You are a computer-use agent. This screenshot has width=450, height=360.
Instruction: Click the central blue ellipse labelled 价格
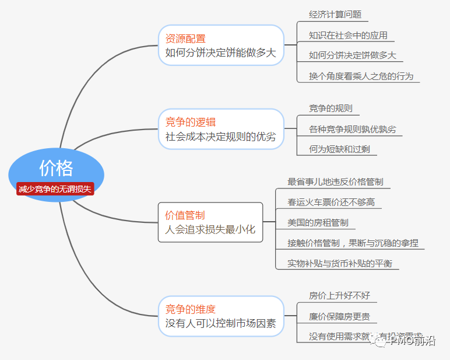click(57, 167)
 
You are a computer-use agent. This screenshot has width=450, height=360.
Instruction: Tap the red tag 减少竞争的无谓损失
click(55, 189)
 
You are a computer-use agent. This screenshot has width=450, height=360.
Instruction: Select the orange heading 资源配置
click(185, 39)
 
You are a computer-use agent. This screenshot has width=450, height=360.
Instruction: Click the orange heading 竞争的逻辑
click(190, 122)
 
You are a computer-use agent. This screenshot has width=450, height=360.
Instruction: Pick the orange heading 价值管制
click(185, 215)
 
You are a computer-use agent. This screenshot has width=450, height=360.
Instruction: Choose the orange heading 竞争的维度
click(190, 309)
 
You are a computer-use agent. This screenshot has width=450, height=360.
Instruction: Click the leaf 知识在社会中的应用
click(348, 35)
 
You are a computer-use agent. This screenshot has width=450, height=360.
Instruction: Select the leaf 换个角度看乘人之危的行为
click(361, 76)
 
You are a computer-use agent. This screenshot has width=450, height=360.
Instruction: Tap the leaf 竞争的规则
click(331, 108)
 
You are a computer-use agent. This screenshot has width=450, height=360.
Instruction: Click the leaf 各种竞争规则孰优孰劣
click(352, 129)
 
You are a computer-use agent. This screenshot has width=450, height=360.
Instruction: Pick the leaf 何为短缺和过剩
click(339, 149)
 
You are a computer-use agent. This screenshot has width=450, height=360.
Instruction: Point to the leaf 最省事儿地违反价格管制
click(335, 181)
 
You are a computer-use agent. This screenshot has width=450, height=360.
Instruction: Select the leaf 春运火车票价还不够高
click(331, 202)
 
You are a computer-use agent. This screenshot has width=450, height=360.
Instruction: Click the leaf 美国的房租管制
click(318, 222)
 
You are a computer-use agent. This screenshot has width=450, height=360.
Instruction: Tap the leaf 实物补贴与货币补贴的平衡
click(339, 263)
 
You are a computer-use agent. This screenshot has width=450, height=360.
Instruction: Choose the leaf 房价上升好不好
click(339, 296)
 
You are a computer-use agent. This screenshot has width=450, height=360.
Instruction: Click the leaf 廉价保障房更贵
click(339, 317)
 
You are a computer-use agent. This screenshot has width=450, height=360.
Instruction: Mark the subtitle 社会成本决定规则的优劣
click(220, 137)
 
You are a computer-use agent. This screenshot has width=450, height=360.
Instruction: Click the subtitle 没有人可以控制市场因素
click(220, 323)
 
